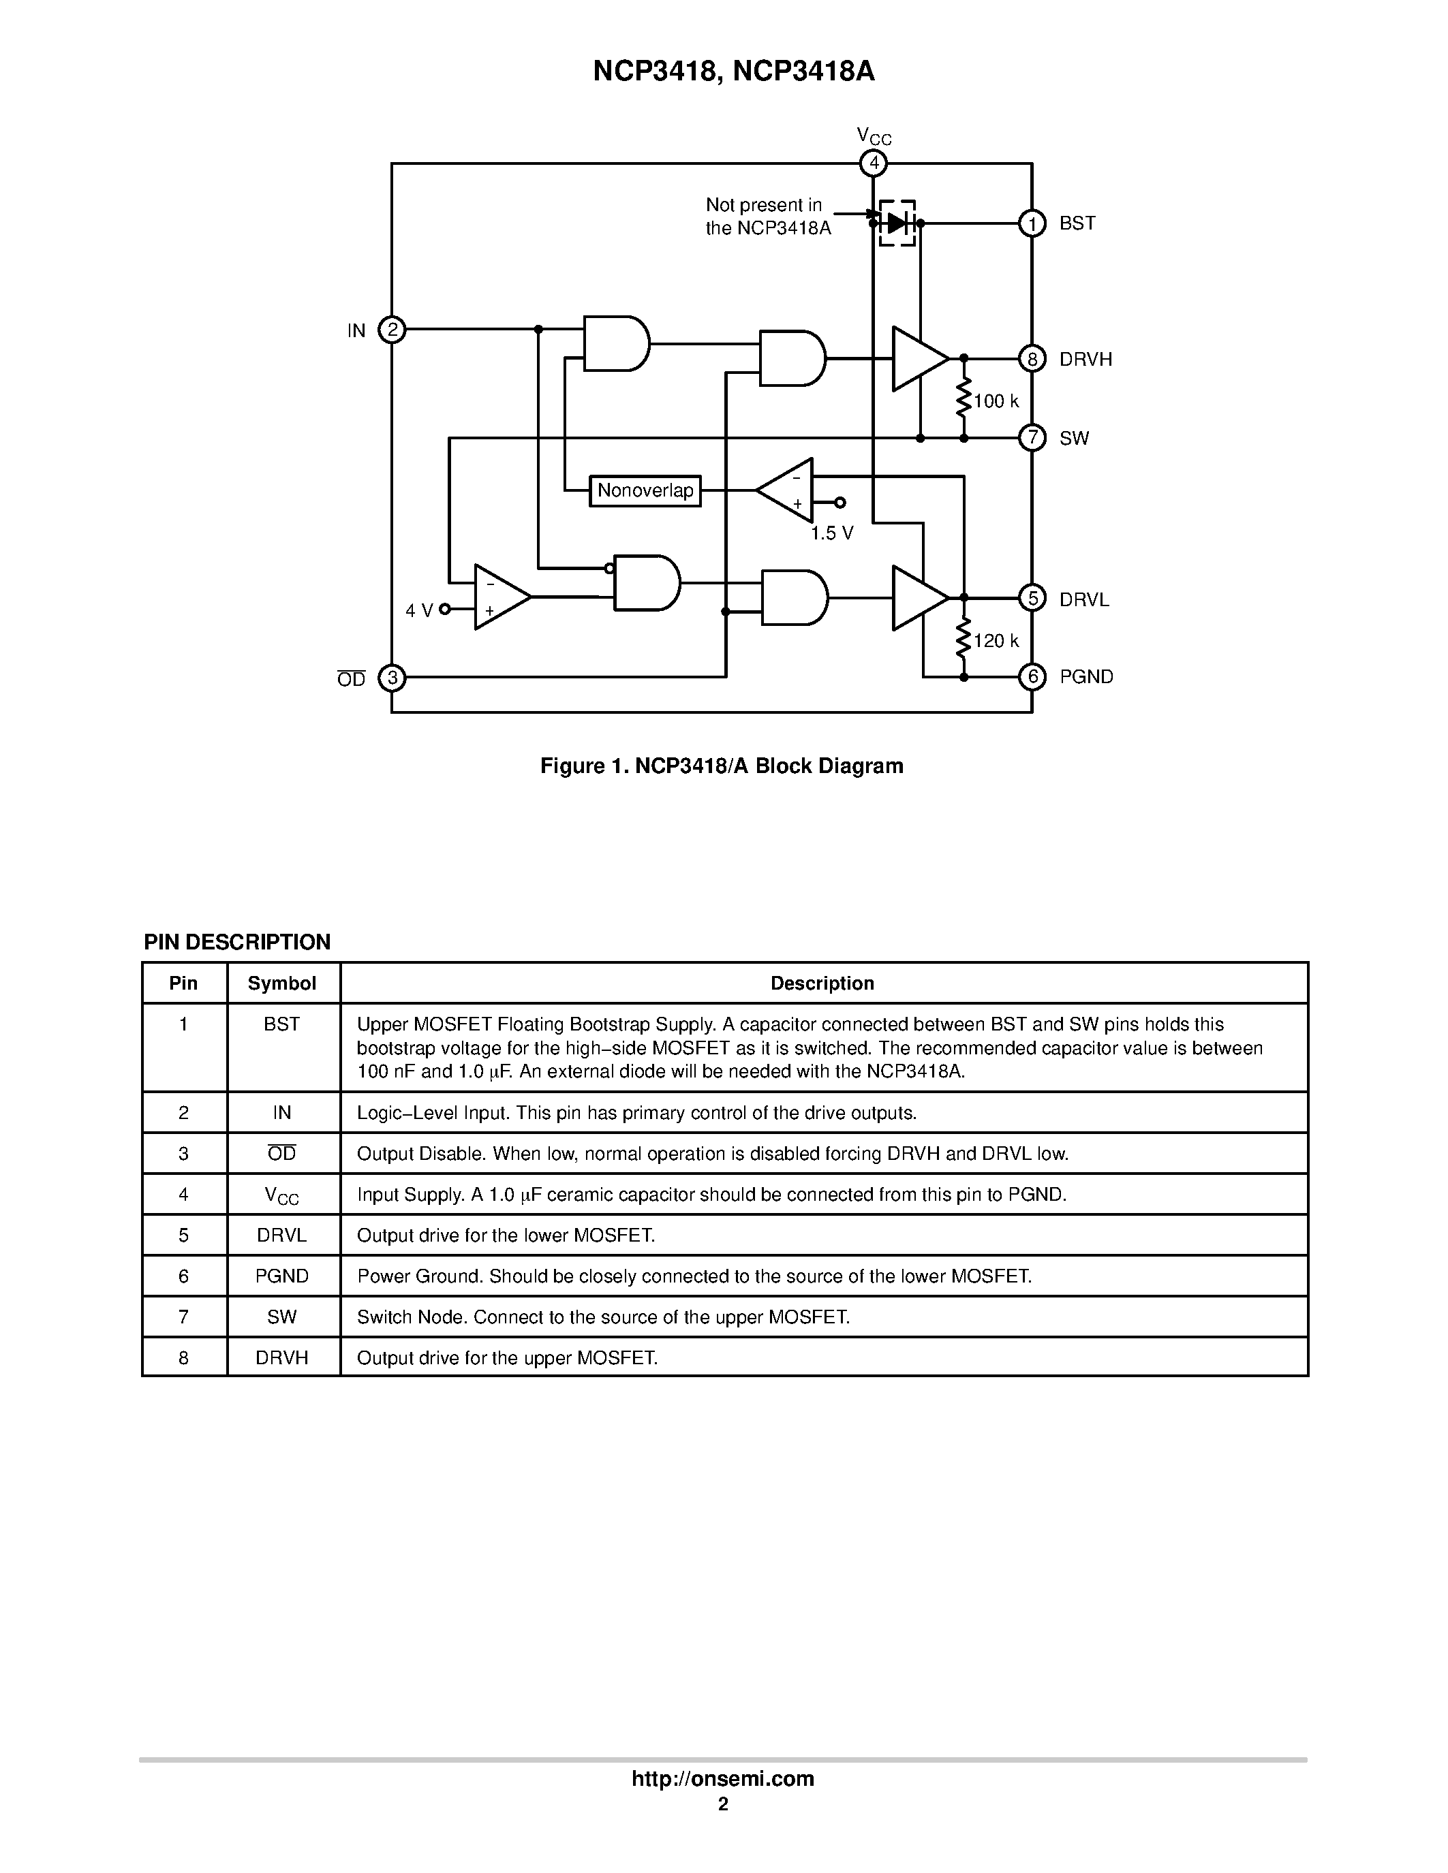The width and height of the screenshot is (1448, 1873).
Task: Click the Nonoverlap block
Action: [645, 490]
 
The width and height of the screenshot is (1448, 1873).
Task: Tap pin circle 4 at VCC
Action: [874, 163]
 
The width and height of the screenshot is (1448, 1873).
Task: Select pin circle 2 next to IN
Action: [392, 330]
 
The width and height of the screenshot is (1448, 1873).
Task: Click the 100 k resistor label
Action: [996, 401]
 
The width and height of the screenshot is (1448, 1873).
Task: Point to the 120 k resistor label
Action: [996, 641]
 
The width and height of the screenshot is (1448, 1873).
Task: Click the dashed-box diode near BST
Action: [897, 223]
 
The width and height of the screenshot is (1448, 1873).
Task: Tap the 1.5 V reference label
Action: [832, 533]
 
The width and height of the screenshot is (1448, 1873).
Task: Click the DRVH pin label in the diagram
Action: [1085, 360]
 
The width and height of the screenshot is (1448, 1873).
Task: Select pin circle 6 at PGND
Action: [1032, 676]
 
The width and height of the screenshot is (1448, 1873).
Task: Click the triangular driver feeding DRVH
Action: [918, 358]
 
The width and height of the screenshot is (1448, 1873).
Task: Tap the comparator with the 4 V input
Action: [500, 597]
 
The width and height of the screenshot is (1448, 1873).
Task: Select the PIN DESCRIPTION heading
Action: [236, 942]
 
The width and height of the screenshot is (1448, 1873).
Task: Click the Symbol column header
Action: [281, 983]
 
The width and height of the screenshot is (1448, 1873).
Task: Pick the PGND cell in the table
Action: [281, 1276]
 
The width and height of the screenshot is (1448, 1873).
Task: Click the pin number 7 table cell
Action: [183, 1317]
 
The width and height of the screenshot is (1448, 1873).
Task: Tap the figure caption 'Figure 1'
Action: [722, 766]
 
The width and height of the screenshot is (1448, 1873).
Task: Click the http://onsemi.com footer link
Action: [722, 1778]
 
